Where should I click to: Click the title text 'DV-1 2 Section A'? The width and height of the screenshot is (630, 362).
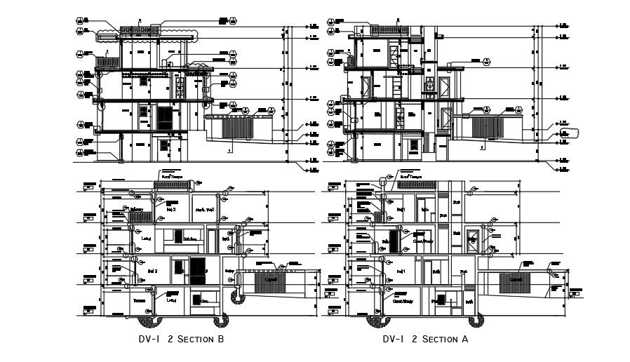[x=425, y=340]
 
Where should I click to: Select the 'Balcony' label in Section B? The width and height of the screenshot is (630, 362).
[x=137, y=209]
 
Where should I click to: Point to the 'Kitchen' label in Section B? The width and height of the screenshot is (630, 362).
[x=192, y=239]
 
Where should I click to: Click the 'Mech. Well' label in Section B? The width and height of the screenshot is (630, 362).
[x=204, y=209]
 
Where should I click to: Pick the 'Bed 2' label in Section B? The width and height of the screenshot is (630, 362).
[x=152, y=269]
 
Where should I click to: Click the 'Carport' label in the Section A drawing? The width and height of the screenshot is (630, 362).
[x=515, y=279]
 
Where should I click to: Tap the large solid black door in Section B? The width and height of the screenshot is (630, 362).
[x=199, y=271]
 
